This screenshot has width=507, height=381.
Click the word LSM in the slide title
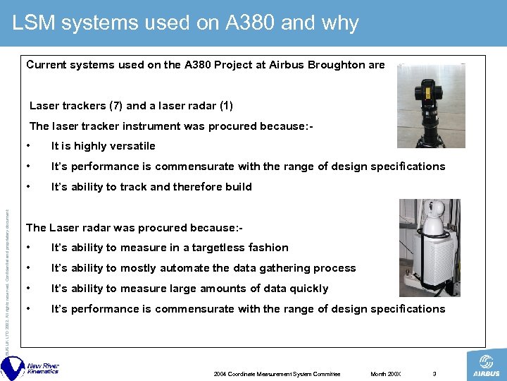pyautogui.click(x=34, y=23)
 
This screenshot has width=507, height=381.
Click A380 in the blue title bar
pyautogui.click(x=246, y=23)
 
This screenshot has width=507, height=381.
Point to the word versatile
pyautogui.click(x=132, y=146)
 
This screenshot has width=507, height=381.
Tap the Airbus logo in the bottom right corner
pyautogui.click(x=487, y=365)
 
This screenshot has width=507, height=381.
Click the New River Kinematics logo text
pyautogui.click(x=42, y=369)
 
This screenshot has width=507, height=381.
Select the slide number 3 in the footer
pyautogui.click(x=434, y=374)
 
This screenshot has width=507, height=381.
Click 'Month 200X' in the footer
pyautogui.click(x=386, y=374)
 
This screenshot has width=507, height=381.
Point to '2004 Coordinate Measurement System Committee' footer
pyautogui.click(x=277, y=374)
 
